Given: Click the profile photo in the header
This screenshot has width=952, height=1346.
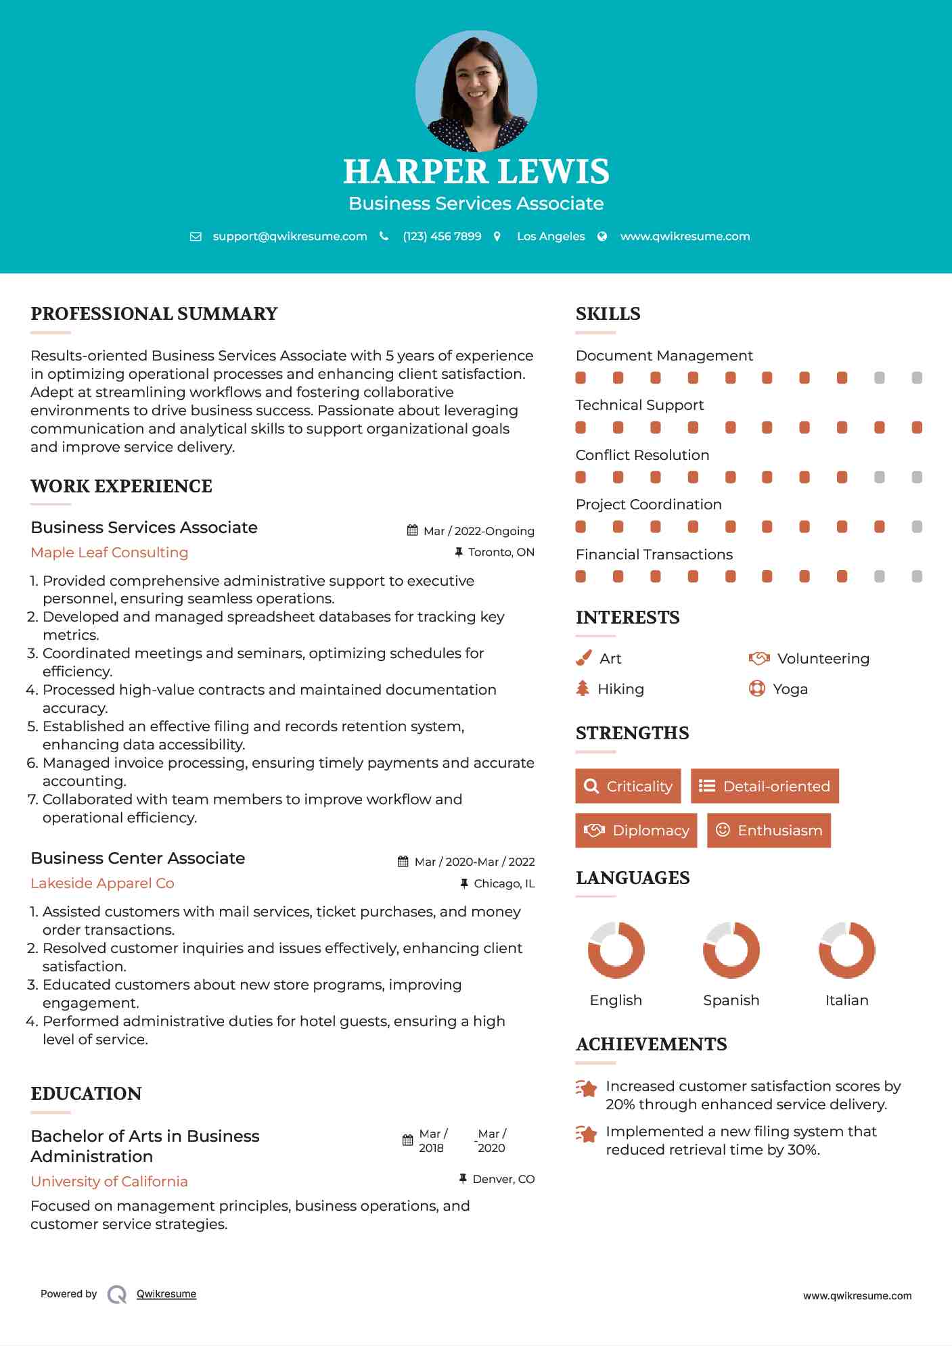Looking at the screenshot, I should click(476, 91).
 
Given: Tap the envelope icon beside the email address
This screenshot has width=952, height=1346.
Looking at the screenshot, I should click(196, 237).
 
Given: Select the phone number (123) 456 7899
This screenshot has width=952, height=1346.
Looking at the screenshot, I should click(442, 237).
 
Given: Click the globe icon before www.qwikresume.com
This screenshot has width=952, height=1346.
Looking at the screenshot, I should click(602, 237).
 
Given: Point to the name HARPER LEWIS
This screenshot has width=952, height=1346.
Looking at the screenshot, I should click(476, 171).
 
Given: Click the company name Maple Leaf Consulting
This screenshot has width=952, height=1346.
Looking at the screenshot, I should click(110, 553).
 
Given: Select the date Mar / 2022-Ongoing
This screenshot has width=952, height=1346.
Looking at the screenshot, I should click(478, 531).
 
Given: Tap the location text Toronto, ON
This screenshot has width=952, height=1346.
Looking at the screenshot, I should click(501, 553).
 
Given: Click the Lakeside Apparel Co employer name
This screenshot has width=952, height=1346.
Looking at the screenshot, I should click(102, 883).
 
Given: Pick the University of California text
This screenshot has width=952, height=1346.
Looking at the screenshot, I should click(109, 1182).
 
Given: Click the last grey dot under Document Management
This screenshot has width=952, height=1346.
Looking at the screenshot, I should click(917, 378).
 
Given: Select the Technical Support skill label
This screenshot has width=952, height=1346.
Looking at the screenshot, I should click(639, 405).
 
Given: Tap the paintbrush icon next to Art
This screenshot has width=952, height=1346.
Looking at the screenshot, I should click(583, 658).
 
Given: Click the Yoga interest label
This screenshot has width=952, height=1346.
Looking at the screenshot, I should click(790, 689).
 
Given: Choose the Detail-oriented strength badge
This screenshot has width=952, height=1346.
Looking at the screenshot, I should click(765, 786).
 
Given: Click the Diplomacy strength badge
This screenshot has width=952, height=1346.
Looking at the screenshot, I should click(635, 831).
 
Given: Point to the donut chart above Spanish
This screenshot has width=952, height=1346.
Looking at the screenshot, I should click(731, 950).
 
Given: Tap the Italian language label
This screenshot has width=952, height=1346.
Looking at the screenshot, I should click(846, 1000).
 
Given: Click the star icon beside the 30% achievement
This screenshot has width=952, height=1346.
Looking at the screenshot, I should click(586, 1134).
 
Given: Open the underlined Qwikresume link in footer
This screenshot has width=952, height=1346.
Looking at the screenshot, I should click(166, 1294).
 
